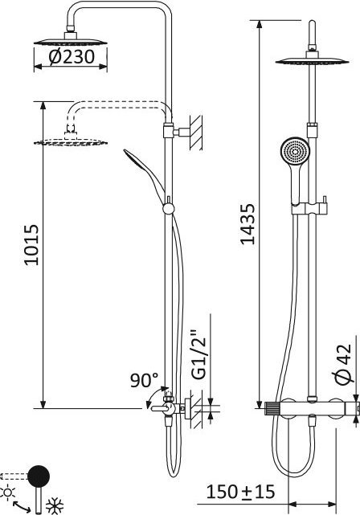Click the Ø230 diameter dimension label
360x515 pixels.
[72, 57]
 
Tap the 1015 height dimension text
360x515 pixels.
[32, 245]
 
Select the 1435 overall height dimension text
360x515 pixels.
[247, 224]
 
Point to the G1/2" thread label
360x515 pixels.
[198, 358]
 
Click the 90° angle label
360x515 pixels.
[144, 380]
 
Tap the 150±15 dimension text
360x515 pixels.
[240, 492]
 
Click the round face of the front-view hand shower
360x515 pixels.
[295, 151]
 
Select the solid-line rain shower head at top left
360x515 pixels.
[70, 40]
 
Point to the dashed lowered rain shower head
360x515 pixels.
[70, 141]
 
